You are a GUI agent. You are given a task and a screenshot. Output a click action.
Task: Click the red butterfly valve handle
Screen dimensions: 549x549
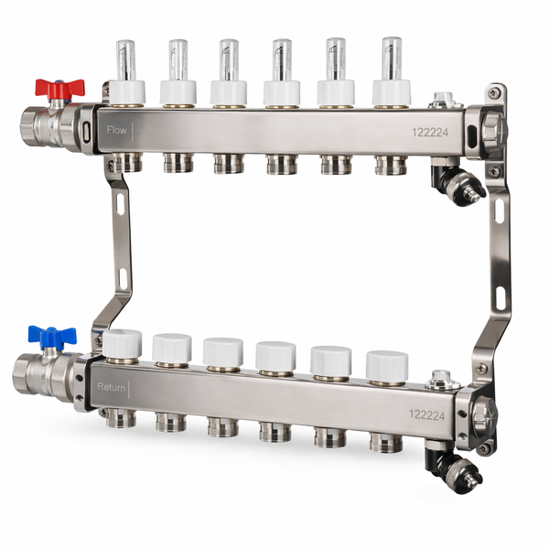59,88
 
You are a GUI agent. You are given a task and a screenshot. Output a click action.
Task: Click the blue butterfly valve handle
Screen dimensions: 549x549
52,335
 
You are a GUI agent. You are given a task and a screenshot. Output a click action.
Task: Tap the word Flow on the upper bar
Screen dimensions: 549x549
116,130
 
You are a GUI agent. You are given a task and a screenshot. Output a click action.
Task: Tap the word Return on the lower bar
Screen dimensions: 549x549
111,387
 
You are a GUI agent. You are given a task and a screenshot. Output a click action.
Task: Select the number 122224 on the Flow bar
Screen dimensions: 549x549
430,133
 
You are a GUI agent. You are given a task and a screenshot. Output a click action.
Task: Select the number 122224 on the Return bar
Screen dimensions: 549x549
426,414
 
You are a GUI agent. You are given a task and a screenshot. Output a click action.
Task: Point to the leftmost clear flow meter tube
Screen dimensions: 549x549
125,60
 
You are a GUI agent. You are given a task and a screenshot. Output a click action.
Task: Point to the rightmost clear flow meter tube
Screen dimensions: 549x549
392,59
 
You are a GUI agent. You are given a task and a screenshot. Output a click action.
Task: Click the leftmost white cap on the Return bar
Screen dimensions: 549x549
123,343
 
